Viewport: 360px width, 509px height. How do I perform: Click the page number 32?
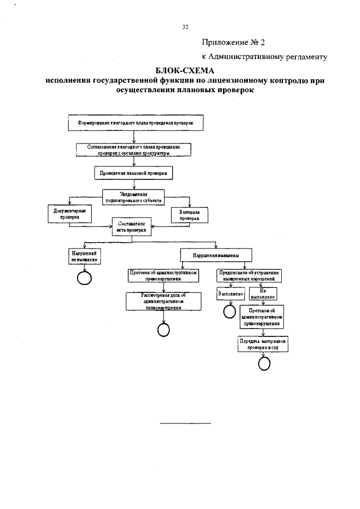[x=185, y=26]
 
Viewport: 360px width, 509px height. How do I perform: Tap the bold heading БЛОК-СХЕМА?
[x=185, y=71]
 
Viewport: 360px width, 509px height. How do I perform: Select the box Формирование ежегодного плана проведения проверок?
[x=132, y=121]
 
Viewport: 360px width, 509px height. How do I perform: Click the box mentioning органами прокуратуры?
[x=133, y=149]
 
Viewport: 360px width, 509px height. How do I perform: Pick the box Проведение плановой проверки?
[x=133, y=173]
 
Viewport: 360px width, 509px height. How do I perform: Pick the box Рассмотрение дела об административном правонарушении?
[x=163, y=301]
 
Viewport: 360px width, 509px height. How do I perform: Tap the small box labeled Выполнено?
[x=229, y=294]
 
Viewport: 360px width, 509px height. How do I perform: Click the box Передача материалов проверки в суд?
[x=262, y=344]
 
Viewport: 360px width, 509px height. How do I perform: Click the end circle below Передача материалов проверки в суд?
[x=264, y=364]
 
